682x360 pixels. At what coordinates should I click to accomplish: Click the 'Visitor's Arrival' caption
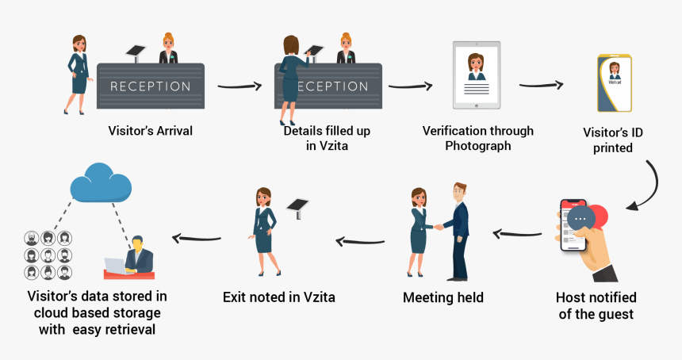click(x=151, y=129)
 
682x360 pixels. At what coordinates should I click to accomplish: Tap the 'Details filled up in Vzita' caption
click(x=327, y=137)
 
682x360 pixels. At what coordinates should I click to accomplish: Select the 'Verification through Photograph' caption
click(x=477, y=138)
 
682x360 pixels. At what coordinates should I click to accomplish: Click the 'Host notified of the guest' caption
click(x=596, y=305)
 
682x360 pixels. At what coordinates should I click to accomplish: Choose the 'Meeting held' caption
click(x=443, y=298)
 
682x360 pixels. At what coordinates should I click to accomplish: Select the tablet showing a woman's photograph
click(x=477, y=75)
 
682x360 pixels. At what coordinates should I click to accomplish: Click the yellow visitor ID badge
click(x=615, y=83)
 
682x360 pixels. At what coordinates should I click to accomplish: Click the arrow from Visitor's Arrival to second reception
click(x=239, y=86)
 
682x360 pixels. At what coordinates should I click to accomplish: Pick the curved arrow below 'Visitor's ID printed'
click(x=649, y=187)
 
